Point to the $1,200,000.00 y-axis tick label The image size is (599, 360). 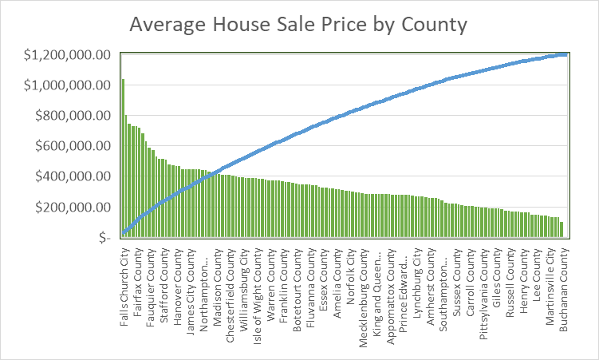67,54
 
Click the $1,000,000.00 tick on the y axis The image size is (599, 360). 67,85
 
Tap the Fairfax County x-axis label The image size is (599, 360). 137,283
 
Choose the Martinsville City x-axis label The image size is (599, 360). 551,288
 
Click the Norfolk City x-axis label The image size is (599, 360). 352,275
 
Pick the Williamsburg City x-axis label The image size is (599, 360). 245,287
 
